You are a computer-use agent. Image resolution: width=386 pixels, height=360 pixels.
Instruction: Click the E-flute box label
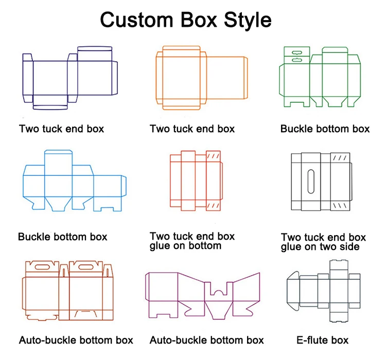[323, 340]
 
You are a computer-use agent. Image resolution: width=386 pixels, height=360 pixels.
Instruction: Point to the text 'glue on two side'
[320, 247]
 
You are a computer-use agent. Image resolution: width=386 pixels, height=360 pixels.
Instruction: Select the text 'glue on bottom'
[186, 246]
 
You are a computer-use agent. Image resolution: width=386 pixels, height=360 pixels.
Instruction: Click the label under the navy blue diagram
[62, 129]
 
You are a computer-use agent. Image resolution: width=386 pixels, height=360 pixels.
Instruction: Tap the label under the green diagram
[325, 129]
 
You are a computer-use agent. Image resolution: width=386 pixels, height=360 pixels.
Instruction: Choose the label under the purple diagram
[207, 340]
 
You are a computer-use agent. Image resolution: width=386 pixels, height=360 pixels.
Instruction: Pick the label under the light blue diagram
[63, 237]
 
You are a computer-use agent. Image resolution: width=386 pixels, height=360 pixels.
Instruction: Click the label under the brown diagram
[76, 340]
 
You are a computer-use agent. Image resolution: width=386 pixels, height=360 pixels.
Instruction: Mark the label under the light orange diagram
[192, 129]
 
